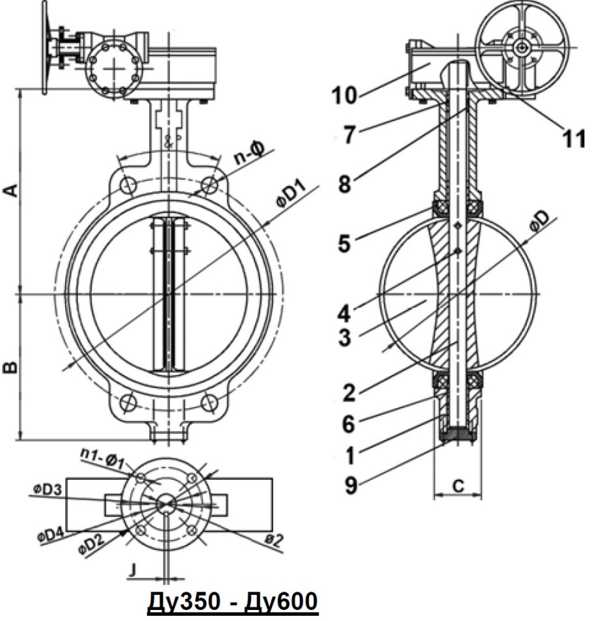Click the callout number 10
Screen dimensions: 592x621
(x=345, y=96)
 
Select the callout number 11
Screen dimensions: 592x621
(x=574, y=139)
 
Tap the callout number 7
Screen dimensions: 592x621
(x=349, y=135)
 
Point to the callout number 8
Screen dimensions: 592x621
(x=345, y=184)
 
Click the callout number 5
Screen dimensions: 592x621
(x=344, y=243)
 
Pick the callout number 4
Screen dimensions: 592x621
(x=344, y=314)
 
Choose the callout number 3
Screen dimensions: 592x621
(x=345, y=337)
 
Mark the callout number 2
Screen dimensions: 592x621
(x=349, y=393)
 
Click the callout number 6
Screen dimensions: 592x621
(x=348, y=424)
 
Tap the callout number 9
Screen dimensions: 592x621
(x=351, y=486)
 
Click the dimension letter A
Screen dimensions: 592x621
(x=12, y=191)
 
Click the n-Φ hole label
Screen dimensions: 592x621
(x=249, y=154)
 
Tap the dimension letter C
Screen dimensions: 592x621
(x=458, y=486)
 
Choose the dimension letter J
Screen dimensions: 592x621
(x=133, y=570)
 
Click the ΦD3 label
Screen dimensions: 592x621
(x=47, y=490)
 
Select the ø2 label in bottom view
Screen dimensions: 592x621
(x=273, y=540)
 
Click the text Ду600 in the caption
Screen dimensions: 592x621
(x=281, y=601)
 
